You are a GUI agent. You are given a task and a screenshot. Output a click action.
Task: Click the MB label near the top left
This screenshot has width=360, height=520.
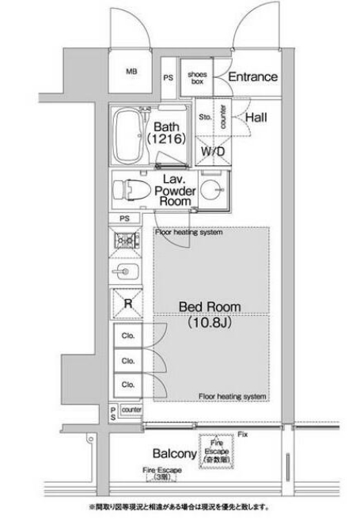pyautogui.click(x=131, y=71)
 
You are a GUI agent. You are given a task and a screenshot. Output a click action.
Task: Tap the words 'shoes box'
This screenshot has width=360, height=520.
pyautogui.click(x=196, y=77)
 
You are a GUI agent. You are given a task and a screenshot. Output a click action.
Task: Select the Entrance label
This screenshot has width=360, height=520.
pyautogui.click(x=253, y=77)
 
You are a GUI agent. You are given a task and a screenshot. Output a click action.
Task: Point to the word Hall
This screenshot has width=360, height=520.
pyautogui.click(x=256, y=117)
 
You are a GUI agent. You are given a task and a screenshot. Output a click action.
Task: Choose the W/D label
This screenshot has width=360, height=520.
pyautogui.click(x=211, y=150)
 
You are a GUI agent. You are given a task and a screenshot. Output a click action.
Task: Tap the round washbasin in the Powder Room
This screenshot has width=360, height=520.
pyautogui.click(x=210, y=190)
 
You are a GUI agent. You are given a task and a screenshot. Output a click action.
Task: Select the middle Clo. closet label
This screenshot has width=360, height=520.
pyautogui.click(x=127, y=360)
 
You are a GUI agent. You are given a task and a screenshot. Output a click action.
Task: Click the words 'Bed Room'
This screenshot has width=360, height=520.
pyautogui.click(x=209, y=307)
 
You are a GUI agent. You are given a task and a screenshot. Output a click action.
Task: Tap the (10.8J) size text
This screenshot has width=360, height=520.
pyautogui.click(x=209, y=323)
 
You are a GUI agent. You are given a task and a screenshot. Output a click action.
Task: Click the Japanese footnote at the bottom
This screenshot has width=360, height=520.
pyautogui.click(x=180, y=507)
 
